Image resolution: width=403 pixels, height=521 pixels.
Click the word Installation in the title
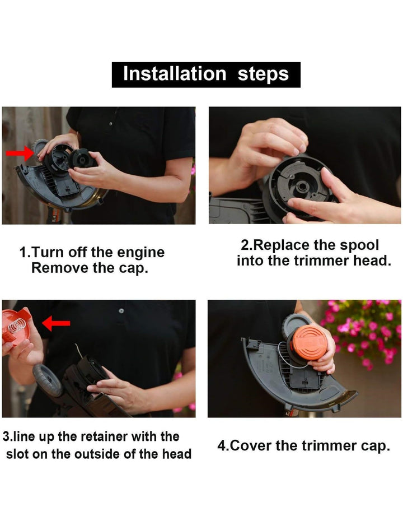point(175,73)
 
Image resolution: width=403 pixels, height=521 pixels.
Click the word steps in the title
point(263,75)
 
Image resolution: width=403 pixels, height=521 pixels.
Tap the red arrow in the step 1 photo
point(20,153)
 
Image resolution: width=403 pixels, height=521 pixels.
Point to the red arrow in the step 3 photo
point(56,323)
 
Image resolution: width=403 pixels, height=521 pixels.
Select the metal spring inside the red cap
point(17,325)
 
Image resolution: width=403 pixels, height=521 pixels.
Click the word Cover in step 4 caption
point(251,445)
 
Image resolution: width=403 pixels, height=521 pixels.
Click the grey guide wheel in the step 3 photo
point(48,379)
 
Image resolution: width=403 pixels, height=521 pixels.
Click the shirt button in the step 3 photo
point(121,311)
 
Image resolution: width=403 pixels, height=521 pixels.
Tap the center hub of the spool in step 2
point(302,186)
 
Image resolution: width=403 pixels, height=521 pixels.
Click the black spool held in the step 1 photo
point(81,159)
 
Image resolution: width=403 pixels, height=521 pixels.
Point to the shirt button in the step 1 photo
point(110,124)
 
